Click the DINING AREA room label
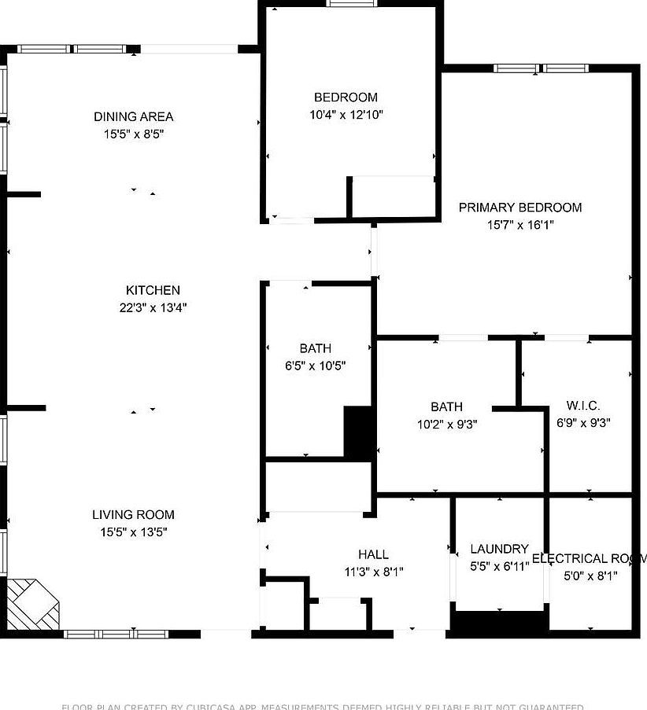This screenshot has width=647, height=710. (133, 117)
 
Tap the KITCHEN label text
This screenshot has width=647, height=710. (153, 290)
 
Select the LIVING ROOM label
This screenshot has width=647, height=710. (133, 515)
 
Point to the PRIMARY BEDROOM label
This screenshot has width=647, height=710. (520, 208)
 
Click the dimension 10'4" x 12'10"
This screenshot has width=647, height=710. (346, 115)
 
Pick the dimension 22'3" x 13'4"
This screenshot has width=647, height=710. (153, 307)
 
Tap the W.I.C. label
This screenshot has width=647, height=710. (583, 406)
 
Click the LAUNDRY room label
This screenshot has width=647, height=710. (499, 549)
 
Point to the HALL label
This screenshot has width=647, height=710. (373, 554)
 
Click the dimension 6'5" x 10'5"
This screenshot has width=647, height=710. (315, 366)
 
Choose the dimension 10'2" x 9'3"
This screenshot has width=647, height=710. (446, 424)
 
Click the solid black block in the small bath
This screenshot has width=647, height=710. (358, 432)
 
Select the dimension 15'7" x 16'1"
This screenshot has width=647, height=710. (520, 225)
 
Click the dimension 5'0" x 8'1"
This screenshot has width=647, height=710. (590, 576)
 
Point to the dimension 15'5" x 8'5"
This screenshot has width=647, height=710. (133, 134)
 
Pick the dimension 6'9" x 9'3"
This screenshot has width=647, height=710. (583, 422)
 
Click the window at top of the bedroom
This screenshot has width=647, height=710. (351, 3)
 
